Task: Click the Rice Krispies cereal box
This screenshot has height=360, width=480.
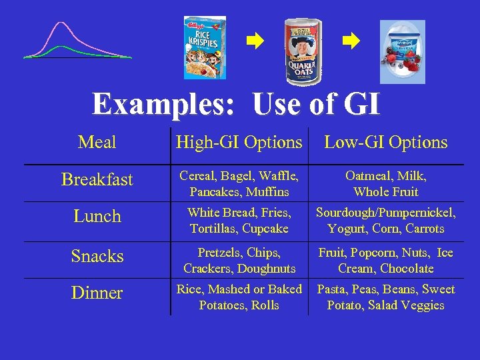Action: click(x=205, y=47)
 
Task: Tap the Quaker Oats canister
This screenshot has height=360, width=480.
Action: click(x=304, y=51)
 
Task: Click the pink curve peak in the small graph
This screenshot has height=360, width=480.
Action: click(x=62, y=24)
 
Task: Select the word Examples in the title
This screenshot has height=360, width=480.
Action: click(x=166, y=105)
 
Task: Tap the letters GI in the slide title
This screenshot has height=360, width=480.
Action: click(x=361, y=105)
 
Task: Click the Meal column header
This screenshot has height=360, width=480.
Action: click(x=97, y=142)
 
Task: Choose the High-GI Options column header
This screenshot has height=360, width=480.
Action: click(x=239, y=142)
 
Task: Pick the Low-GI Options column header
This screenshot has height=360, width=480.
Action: click(x=386, y=142)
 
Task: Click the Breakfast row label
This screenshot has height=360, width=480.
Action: click(x=97, y=179)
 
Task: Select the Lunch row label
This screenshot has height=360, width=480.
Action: click(x=97, y=216)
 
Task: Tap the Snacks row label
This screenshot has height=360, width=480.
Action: click(x=97, y=256)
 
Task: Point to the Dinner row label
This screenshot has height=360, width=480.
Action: click(x=97, y=293)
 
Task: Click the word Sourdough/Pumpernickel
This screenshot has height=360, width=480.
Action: click(x=386, y=213)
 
